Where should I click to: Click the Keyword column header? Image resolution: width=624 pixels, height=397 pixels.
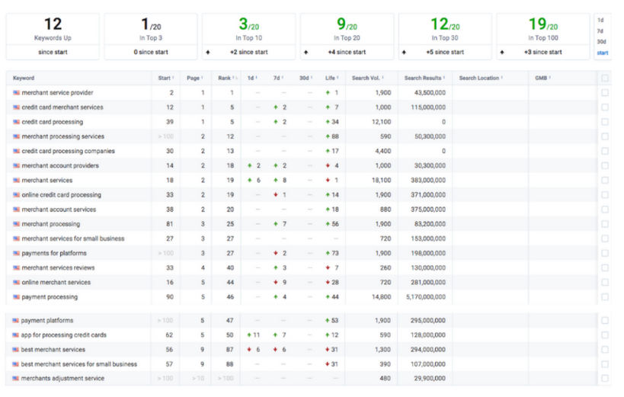pos(24,78)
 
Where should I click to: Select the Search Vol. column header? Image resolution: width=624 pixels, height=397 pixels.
pos(366,78)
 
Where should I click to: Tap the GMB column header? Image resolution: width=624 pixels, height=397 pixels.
pos(541,78)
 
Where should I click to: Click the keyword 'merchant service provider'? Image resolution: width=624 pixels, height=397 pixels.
pos(57,93)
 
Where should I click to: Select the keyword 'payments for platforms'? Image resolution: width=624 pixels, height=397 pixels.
pos(54,253)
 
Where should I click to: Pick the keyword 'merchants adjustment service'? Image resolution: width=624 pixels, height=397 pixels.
pos(62,378)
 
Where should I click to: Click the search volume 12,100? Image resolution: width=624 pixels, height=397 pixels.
pos(381,122)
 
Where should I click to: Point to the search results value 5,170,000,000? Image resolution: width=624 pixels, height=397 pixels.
pos(425,297)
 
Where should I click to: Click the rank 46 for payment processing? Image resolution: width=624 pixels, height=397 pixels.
pos(230,297)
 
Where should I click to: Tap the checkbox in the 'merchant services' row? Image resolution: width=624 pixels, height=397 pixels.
pos(605,181)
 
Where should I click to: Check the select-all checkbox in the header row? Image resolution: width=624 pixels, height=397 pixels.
pos(605,78)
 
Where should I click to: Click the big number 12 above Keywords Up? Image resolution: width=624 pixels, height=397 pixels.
pos(53,24)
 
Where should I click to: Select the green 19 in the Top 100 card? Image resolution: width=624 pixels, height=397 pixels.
pos(537,24)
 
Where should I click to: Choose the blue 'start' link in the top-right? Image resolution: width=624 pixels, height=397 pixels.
pos(603,53)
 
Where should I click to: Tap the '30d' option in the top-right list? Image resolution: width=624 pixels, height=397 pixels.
pos(601,41)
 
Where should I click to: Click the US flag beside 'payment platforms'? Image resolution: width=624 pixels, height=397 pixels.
pos(15,321)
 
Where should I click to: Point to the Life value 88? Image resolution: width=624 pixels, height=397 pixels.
pos(335,136)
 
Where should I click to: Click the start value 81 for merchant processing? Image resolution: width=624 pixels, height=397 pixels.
pos(170,224)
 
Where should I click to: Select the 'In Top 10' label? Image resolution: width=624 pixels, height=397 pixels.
pos(248,38)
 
